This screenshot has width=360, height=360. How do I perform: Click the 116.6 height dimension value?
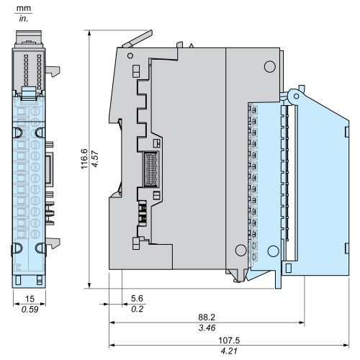tap(84, 159)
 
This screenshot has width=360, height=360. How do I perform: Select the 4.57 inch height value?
tap(95, 159)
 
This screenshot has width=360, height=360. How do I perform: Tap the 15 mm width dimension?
tap(30, 299)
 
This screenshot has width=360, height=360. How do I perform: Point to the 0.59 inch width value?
tap(30, 310)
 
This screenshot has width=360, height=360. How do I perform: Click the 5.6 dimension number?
tap(137, 298)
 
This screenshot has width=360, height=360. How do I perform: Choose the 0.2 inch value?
tap(138, 309)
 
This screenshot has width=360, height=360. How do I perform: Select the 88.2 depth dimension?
tap(207, 318)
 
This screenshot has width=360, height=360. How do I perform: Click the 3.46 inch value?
tap(207, 328)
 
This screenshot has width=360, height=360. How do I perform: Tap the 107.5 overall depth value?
tap(229, 341)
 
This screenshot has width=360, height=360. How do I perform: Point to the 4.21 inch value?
tap(229, 351)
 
